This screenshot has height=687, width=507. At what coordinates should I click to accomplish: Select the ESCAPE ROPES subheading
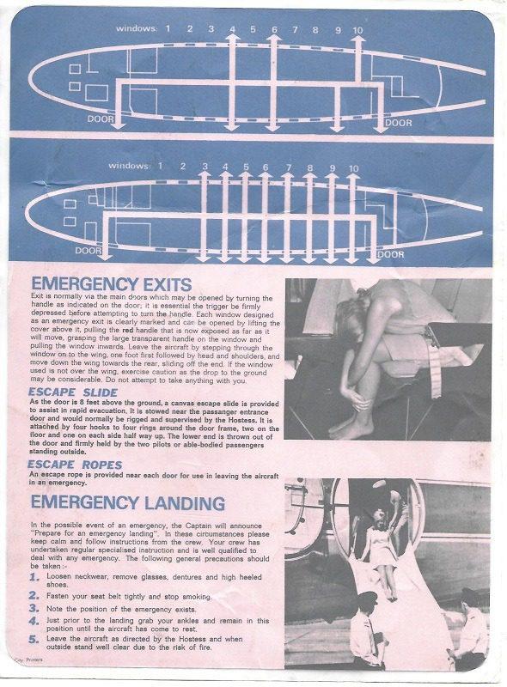[72, 465]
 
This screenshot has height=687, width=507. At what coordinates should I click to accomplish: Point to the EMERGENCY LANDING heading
[128, 502]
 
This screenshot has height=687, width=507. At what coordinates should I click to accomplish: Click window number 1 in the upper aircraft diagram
[168, 29]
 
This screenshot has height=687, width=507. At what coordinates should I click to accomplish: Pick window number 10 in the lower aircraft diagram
[354, 167]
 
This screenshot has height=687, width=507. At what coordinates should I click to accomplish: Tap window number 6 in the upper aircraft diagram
[275, 30]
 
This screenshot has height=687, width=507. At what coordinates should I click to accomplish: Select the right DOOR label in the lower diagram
[391, 254]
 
